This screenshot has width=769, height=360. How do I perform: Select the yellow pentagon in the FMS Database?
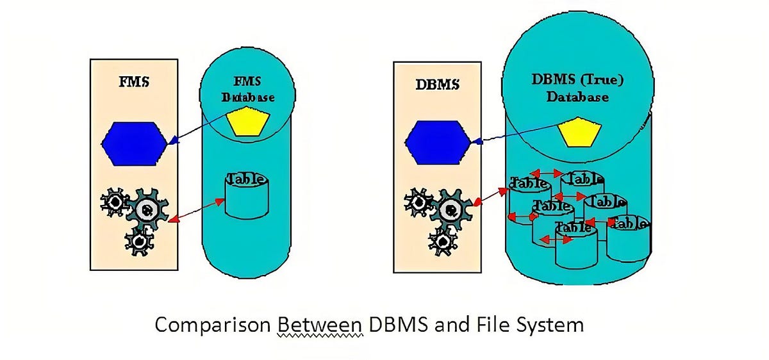247,123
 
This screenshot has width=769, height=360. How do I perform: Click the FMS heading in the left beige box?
134,84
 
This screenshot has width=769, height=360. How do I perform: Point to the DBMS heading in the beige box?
438,85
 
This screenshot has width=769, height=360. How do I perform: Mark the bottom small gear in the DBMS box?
443,241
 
